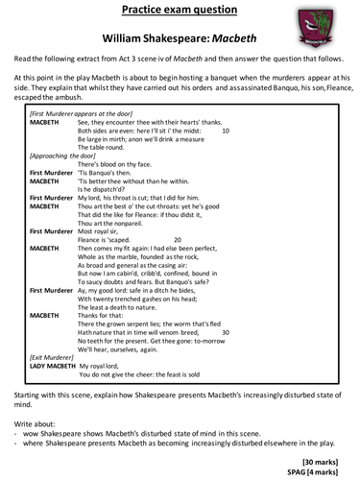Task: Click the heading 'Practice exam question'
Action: click(179, 12)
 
